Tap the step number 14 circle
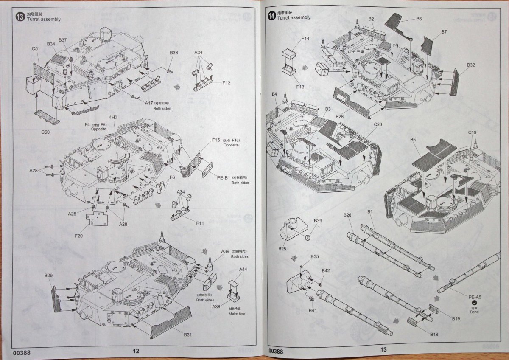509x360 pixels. (x=271, y=16)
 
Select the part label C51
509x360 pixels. (x=36, y=48)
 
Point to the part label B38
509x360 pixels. (x=174, y=53)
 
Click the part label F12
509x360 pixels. (x=226, y=82)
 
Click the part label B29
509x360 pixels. (x=48, y=276)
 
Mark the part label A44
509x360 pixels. (x=243, y=270)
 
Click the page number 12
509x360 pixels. (x=136, y=351)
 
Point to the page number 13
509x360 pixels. (x=383, y=350)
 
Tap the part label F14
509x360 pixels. (x=305, y=39)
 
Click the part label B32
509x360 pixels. (x=471, y=65)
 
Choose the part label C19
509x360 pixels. (x=473, y=133)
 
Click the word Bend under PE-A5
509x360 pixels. (x=474, y=312)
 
